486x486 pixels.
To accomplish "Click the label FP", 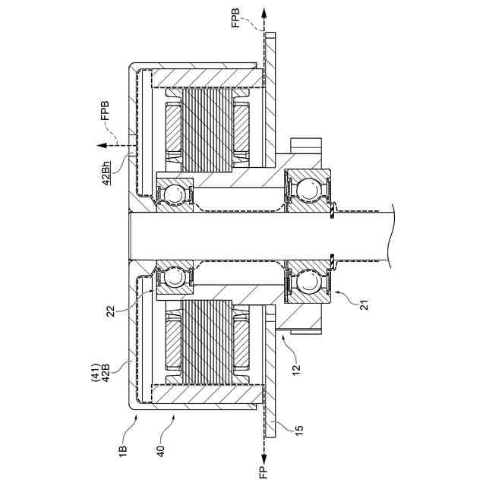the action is (x=264, y=472).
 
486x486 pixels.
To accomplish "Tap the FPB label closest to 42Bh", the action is (x=105, y=110).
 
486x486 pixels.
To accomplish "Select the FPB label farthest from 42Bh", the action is (x=236, y=18).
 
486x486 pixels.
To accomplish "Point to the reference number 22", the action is (x=110, y=311).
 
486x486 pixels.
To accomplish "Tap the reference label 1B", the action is (x=123, y=450).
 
